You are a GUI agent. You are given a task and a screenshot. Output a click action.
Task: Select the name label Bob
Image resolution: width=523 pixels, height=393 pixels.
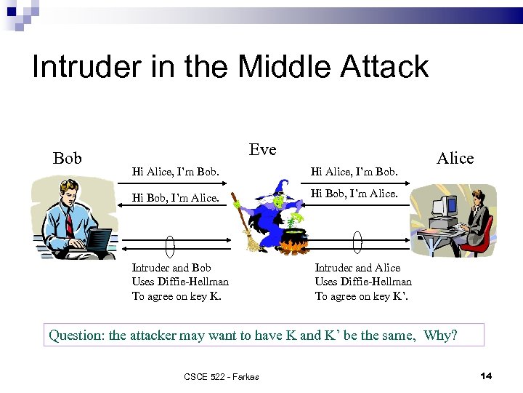(68, 158)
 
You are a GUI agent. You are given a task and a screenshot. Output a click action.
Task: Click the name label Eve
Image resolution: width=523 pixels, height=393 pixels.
(262, 149)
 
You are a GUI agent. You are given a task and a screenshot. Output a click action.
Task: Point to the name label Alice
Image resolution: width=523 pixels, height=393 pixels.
(455, 158)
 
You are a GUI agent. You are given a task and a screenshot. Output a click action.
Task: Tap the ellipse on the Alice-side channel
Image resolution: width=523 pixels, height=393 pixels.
(357, 243)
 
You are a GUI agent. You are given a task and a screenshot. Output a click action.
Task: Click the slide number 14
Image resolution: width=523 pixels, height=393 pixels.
(486, 376)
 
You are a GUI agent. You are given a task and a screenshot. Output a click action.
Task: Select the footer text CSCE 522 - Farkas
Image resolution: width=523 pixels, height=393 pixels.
(222, 376)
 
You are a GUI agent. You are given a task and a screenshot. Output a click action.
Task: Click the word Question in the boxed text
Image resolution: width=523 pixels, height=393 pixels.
(76, 336)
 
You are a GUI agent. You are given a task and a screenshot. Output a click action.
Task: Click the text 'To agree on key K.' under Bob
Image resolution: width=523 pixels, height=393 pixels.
(177, 295)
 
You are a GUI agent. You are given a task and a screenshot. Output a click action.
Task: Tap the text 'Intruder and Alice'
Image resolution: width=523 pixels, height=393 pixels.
(357, 268)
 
